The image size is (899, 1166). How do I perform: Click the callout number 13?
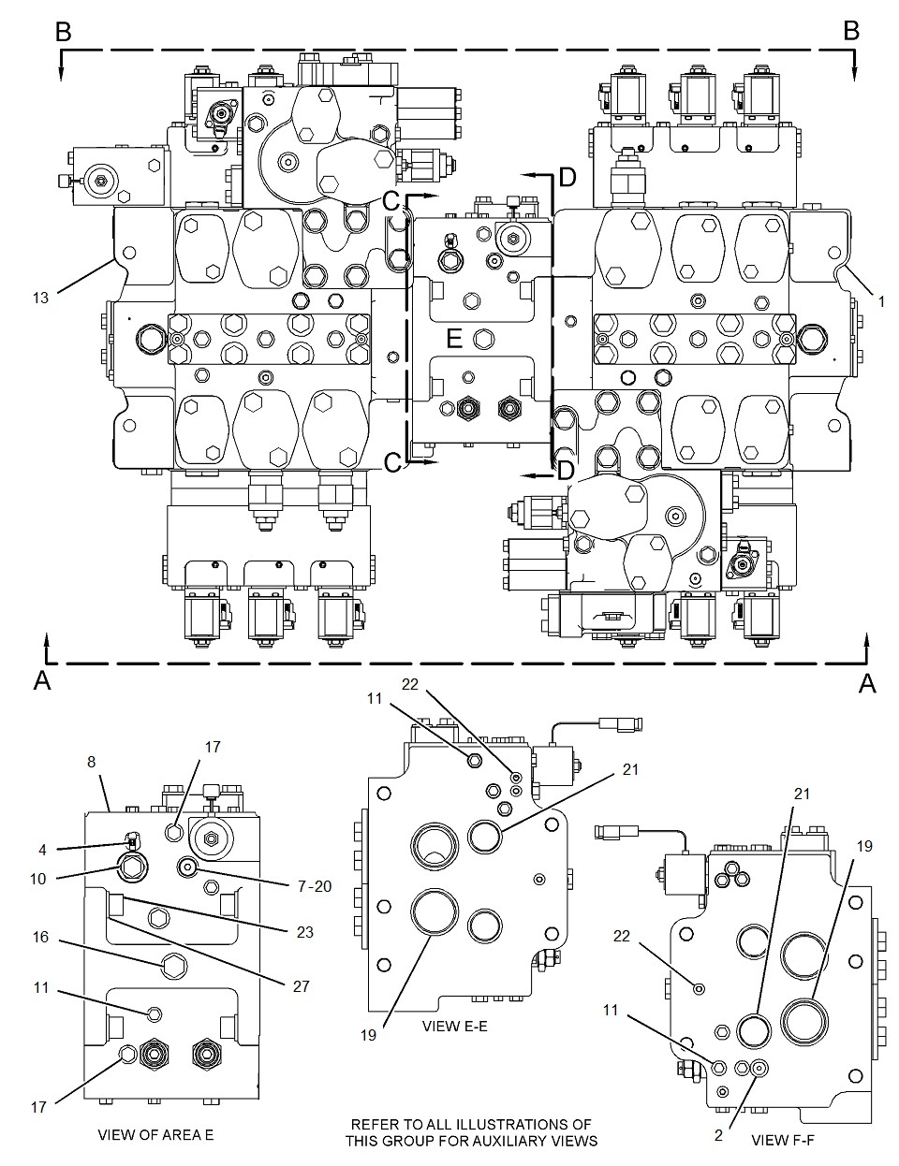[x=41, y=298]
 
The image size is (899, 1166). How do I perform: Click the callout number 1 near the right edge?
[x=881, y=302]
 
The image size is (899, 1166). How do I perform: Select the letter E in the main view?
[x=454, y=339]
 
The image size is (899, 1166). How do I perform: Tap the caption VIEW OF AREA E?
[x=155, y=1135]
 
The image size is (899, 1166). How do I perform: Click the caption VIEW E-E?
[x=454, y=1026]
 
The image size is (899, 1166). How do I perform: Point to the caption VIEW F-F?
[x=783, y=1140]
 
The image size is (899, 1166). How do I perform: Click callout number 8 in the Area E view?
[x=91, y=762]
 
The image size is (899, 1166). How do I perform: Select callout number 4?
[x=42, y=850]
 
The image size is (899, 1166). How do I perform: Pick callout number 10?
[x=38, y=879]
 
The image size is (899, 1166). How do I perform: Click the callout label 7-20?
[x=315, y=886]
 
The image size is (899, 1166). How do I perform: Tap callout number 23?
[x=305, y=932]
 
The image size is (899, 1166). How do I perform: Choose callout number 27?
[x=302, y=986]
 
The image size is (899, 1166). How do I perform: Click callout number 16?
[x=41, y=937]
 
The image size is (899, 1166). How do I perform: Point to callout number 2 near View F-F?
[x=718, y=1135]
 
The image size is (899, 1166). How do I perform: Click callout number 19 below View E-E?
[x=368, y=1035]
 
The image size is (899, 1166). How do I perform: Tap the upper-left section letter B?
[x=64, y=32]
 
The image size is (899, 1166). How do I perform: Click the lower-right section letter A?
[x=867, y=684]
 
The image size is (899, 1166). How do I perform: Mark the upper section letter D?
[x=567, y=177]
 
